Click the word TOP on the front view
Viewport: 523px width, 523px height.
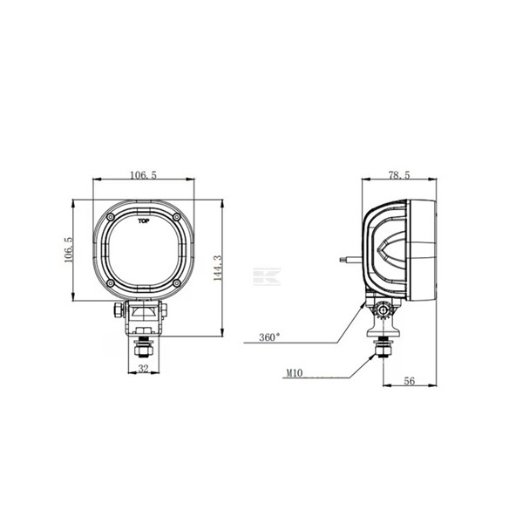143,222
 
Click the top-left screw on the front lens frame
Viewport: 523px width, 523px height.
111,215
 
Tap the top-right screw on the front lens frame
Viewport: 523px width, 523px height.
175,215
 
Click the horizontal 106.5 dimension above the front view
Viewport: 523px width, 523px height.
142,175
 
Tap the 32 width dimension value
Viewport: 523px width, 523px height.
143,368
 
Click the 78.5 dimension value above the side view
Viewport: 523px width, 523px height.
400,175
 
